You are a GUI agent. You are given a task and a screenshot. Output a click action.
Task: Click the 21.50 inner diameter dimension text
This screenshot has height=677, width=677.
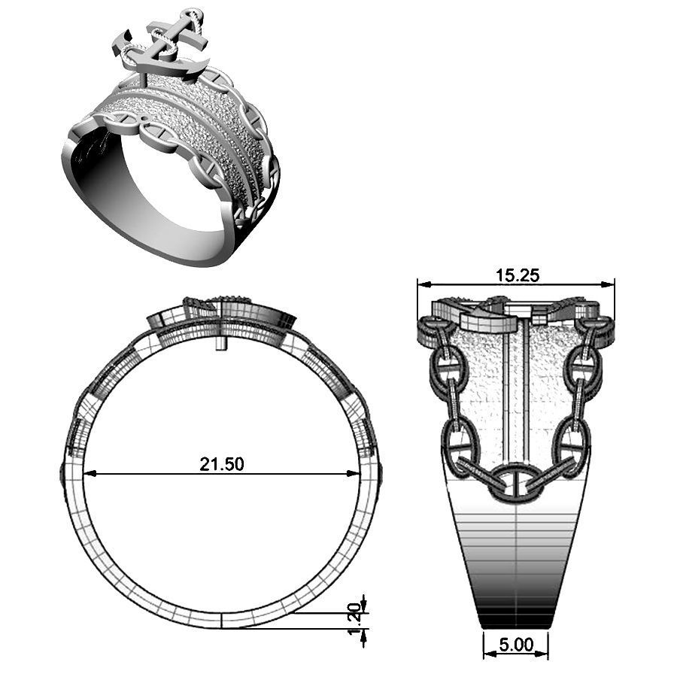tap(221, 464)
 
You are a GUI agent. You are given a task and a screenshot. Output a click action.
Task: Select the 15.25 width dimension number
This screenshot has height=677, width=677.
tap(518, 275)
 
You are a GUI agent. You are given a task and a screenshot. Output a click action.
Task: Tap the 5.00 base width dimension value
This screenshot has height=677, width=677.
tap(515, 645)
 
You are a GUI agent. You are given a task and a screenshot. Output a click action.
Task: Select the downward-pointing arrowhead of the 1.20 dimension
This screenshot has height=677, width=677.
tap(364, 607)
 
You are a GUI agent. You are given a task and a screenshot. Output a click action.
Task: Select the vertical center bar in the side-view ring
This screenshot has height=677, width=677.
tap(517, 391)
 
